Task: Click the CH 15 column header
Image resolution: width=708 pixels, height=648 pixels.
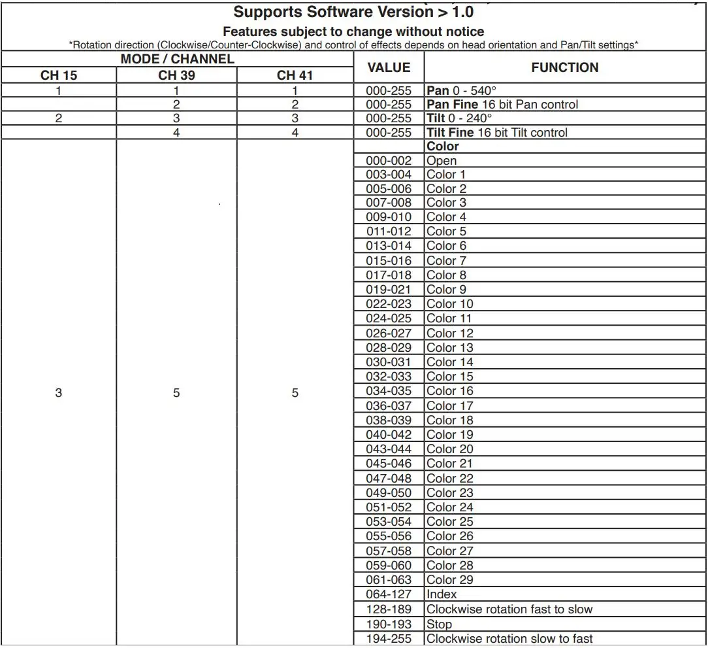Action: point(59,75)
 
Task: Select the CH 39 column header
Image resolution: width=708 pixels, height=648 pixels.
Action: point(176,75)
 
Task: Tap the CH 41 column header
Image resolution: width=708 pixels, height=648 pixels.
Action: point(295,75)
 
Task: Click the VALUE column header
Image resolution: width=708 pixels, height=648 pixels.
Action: point(389,67)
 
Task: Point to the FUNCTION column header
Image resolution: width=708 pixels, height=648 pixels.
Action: point(564,67)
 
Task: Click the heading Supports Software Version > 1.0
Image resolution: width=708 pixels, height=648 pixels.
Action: point(353,12)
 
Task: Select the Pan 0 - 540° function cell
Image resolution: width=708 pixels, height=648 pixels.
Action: point(461,91)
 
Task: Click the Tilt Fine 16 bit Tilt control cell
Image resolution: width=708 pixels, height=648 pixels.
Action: point(497,133)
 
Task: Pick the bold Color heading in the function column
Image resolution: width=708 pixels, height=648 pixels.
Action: point(443,146)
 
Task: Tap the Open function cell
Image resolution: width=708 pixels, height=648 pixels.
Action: point(442,161)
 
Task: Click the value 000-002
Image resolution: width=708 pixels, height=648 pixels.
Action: point(389,161)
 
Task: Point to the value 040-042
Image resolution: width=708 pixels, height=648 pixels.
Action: point(389,435)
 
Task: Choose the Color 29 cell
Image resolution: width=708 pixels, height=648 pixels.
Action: point(450,580)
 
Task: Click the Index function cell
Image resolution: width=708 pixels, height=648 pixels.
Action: point(442,594)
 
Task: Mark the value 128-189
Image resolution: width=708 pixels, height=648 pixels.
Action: point(389,609)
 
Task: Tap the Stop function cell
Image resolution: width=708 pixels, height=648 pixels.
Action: point(439,624)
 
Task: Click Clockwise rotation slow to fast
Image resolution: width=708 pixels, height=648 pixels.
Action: point(509,639)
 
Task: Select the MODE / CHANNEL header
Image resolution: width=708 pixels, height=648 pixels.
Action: point(177,59)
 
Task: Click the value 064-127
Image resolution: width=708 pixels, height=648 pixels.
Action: point(389,594)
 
